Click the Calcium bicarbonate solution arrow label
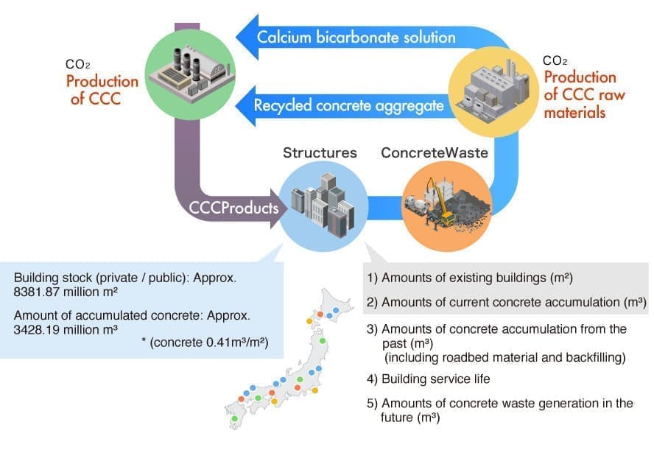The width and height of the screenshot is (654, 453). pos(356,36)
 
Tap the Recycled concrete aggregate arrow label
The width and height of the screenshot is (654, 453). pos(348,105)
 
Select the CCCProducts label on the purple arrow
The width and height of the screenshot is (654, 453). pos(234,208)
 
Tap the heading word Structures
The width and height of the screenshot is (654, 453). pos(320,153)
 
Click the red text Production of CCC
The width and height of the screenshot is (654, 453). pos(102,90)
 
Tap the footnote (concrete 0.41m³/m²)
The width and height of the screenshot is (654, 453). pos(208,343)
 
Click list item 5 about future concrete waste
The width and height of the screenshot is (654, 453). pos(500,410)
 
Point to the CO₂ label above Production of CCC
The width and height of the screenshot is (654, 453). pos(77,64)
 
